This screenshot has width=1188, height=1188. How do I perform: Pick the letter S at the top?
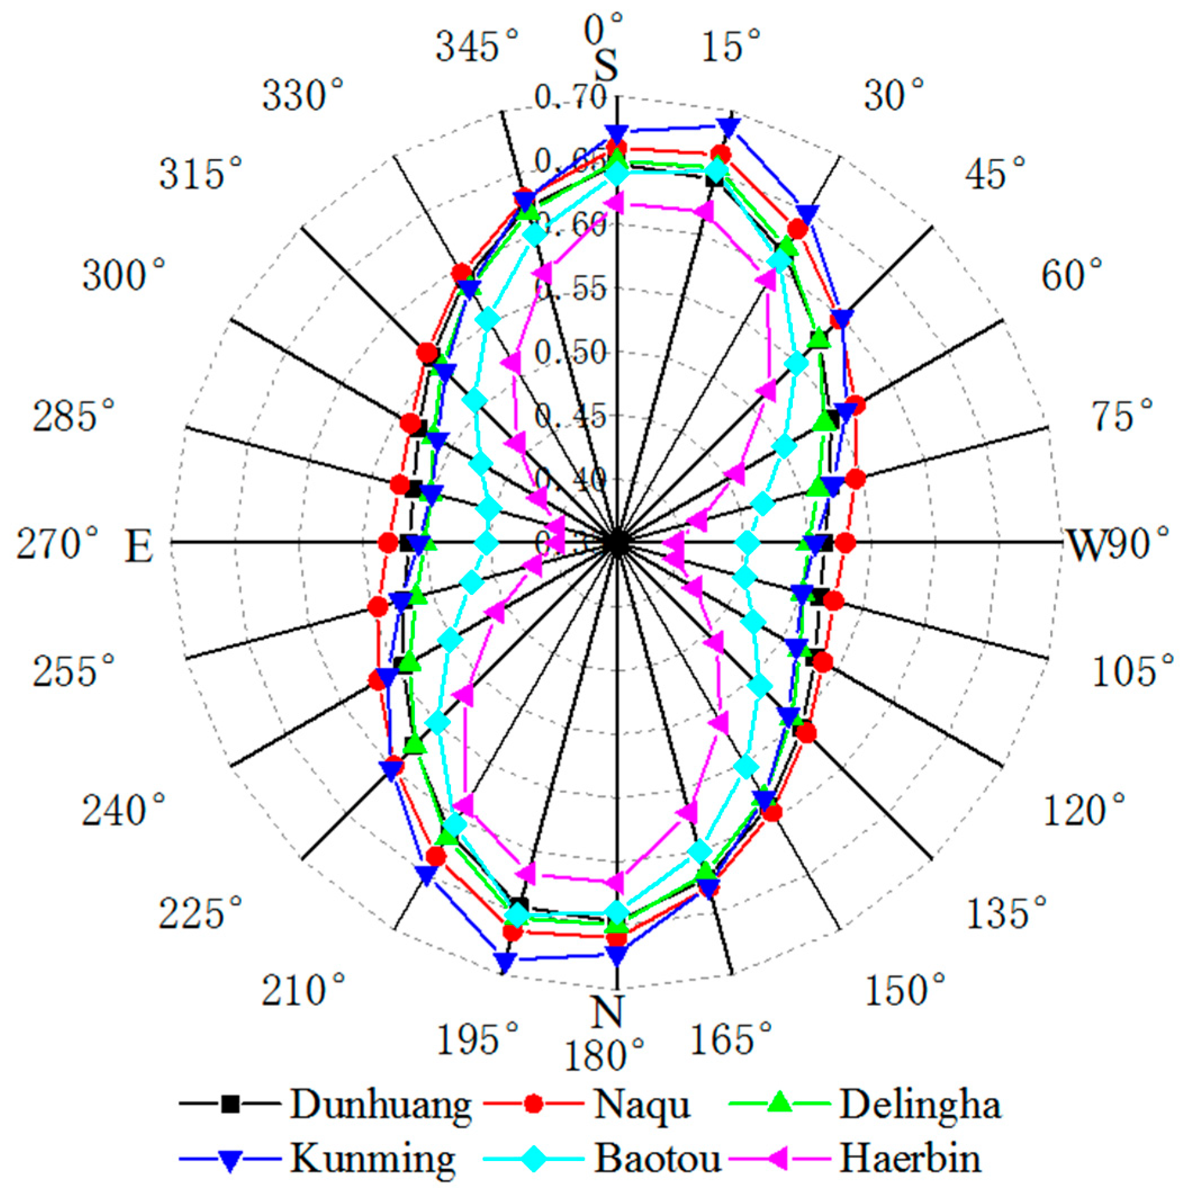coord(606,66)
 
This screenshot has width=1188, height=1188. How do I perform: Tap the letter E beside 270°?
coord(138,546)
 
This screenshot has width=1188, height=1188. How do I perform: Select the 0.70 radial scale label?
coord(571,98)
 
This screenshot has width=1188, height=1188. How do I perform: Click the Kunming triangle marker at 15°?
coord(729,126)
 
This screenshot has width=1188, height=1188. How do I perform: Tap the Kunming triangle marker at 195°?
coord(504,961)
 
